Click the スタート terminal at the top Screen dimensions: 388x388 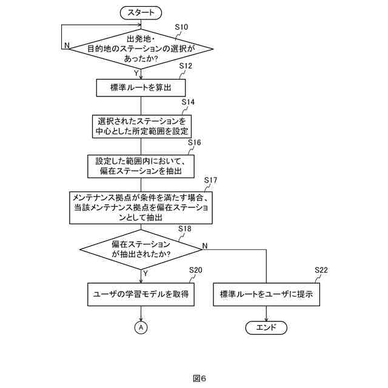coord(141,12)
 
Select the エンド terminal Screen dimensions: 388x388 coord(266,327)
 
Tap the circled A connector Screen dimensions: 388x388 coord(141,327)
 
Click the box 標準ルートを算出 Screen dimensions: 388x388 coord(141,88)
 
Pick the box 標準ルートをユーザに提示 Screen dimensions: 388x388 coord(267,295)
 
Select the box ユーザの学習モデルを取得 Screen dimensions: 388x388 coord(141,295)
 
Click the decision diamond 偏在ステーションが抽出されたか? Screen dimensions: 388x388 coord(141,249)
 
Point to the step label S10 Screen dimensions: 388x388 coord(181,27)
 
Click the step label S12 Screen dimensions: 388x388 coord(186,65)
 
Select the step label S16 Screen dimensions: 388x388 coord(194,142)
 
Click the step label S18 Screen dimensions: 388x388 coord(185,229)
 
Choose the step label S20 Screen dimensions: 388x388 coord(195,270)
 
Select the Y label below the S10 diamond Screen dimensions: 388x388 coord(136,72)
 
